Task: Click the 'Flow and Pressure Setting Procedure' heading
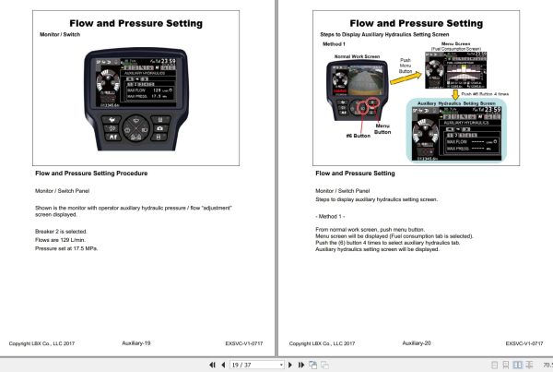90,173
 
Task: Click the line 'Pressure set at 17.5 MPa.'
65,248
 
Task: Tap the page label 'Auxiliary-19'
135,342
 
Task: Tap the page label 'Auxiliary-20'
417,342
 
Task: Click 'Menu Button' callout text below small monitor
382,130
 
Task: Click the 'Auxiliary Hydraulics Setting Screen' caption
452,104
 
